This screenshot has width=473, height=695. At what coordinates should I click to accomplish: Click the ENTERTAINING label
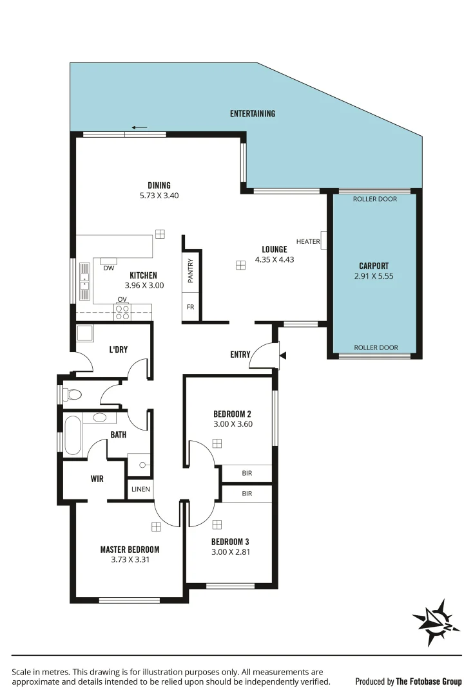tap(253, 114)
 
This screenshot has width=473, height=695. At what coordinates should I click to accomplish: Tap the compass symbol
tap(436, 619)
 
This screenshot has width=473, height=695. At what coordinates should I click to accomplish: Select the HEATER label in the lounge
tap(308, 241)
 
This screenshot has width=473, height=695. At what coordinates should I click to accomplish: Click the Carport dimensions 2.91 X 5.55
tap(374, 276)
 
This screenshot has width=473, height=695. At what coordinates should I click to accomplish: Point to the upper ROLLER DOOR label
tap(374, 199)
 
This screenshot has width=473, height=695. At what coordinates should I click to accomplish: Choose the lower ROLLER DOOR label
tap(374, 347)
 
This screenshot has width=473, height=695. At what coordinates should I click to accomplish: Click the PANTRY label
tap(191, 270)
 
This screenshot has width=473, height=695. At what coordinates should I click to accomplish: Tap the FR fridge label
tap(190, 307)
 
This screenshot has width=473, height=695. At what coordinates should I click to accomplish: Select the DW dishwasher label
tap(108, 268)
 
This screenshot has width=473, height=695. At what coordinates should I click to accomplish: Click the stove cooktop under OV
tap(122, 311)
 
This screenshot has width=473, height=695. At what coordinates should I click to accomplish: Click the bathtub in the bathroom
tap(73, 435)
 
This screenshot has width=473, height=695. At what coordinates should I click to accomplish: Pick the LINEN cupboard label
tap(140, 489)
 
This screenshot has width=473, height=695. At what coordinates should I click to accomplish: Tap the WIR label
tap(97, 479)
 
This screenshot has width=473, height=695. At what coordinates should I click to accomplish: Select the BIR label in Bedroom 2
tap(247, 473)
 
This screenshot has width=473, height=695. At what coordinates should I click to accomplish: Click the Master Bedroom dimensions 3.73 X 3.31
tap(130, 559)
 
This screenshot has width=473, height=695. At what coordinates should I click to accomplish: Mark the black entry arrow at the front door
tap(282, 355)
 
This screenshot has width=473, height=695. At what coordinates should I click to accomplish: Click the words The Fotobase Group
tap(429, 681)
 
